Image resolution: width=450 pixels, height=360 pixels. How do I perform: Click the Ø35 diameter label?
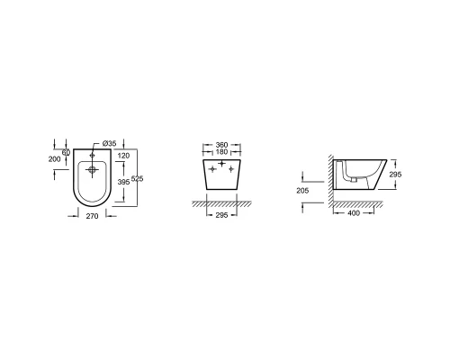(x=109, y=143)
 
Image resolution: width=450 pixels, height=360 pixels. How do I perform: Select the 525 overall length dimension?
(x=138, y=179)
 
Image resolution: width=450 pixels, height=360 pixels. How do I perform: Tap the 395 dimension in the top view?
(x=123, y=182)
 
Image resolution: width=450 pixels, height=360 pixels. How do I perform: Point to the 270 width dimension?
(x=92, y=216)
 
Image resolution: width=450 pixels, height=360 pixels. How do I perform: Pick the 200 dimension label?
(x=54, y=159)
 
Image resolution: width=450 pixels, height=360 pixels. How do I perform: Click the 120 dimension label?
(x=123, y=156)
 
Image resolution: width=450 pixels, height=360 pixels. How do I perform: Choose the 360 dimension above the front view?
(x=221, y=145)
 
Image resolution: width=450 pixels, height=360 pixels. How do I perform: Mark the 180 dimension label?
(x=221, y=152)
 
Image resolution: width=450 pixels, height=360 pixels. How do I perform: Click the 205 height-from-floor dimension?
(x=302, y=191)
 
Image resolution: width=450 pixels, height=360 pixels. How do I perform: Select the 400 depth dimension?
(x=354, y=213)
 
